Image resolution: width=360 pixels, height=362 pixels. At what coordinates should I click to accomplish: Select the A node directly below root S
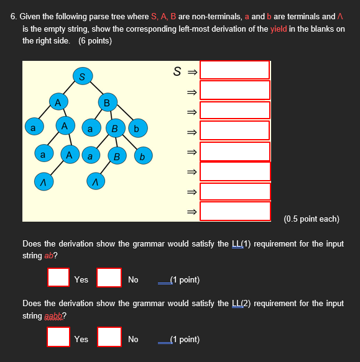tap(58, 101)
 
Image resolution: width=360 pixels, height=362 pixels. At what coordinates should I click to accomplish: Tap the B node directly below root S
tap(107, 102)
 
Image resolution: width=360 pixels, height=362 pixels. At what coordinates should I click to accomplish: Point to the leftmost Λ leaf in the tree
tap(43, 181)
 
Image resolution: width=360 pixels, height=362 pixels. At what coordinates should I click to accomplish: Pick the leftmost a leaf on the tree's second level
tap(33, 127)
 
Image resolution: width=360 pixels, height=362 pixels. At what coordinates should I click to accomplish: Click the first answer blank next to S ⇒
tap(235, 70)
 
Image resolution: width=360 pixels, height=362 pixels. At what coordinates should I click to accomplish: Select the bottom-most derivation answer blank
tap(235, 211)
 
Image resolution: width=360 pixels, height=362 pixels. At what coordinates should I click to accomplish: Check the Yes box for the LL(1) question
tap(58, 277)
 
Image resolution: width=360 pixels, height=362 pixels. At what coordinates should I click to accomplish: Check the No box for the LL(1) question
tap(109, 277)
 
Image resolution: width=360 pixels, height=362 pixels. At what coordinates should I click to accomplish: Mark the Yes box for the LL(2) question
tap(58, 337)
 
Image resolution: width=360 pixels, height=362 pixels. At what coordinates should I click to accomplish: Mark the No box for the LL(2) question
tap(109, 337)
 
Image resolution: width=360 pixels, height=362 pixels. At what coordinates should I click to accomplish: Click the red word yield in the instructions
tap(279, 29)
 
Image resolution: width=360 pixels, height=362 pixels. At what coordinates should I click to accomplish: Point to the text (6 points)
tap(95, 40)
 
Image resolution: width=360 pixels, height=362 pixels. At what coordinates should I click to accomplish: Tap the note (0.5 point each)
tap(311, 219)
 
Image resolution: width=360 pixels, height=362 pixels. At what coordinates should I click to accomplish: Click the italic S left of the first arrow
tap(177, 71)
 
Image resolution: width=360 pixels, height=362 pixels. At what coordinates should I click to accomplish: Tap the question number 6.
tap(14, 17)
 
